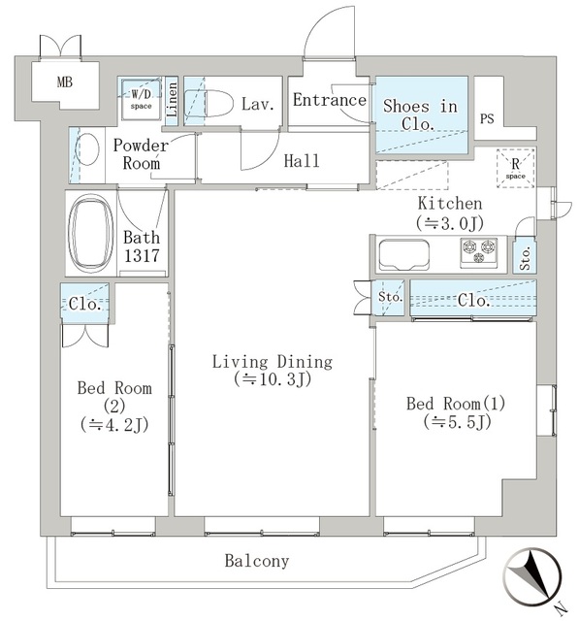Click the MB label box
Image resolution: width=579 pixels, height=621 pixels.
(64, 82)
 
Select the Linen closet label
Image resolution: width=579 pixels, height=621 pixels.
(172, 101)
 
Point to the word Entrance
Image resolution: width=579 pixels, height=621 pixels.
(329, 100)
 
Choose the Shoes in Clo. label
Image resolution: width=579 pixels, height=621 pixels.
(420, 114)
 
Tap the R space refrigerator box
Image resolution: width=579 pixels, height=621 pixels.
(514, 167)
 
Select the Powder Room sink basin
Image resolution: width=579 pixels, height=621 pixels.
(87, 151)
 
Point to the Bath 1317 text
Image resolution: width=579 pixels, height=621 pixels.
(142, 247)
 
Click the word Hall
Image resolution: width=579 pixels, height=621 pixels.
(301, 161)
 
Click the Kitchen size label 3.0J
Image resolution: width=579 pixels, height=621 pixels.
(449, 222)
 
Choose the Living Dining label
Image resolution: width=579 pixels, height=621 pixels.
(273, 362)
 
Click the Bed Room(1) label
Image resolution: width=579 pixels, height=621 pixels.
(456, 403)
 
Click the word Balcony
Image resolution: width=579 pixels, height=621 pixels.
(256, 561)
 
